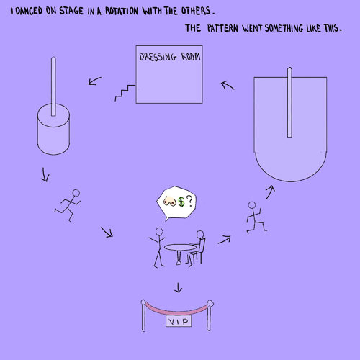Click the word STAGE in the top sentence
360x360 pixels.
[x=71, y=11]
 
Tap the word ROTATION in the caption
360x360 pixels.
[x=122, y=11]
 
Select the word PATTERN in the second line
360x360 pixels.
[x=222, y=28]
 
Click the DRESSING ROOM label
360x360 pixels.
[x=170, y=57]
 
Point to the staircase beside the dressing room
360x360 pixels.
[x=125, y=93]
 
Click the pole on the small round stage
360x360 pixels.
[x=53, y=86]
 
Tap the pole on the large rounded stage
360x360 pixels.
[x=289, y=102]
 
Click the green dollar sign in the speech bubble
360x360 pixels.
[x=181, y=202]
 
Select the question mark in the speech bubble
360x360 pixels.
[x=189, y=201]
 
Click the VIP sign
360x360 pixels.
[x=179, y=321]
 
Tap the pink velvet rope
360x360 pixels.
[x=177, y=310]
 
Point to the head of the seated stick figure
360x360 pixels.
[x=200, y=234]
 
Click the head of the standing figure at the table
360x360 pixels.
[x=159, y=232]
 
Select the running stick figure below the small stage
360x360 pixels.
[x=68, y=205]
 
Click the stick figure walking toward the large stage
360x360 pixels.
[x=256, y=217]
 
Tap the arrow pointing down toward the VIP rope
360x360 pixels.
[x=178, y=288]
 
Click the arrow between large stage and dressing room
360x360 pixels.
[x=228, y=85]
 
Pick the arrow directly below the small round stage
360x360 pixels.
[x=45, y=174]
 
